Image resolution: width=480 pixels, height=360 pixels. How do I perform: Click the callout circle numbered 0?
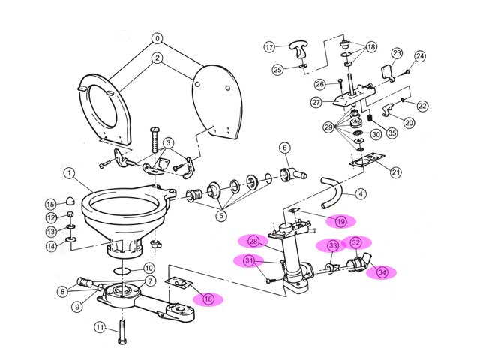tap(157, 37)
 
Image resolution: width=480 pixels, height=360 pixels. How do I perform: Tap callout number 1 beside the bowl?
tap(68, 174)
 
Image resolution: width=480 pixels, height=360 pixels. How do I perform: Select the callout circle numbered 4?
tap(361, 194)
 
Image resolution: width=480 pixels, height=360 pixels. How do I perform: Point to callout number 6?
tap(285, 148)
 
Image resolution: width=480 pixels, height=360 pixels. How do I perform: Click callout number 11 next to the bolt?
tap(99, 326)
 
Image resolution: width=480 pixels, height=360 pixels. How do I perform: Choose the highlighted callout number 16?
tap(208, 298)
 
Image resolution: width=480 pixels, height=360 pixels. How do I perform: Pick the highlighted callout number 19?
tap(340, 221)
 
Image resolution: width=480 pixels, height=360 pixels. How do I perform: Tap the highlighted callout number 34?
tap(382, 272)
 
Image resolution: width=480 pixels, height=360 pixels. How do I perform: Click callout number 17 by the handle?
tap(270, 47)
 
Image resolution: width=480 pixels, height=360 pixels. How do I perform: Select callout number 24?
tap(420, 56)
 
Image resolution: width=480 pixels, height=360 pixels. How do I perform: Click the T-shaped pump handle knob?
tap(301, 52)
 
